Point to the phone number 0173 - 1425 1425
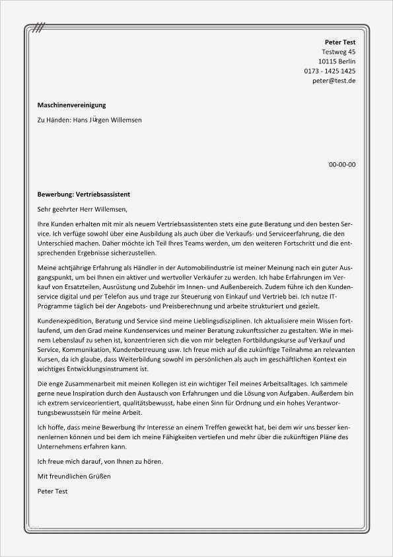point(330,71)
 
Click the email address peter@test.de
point(334,80)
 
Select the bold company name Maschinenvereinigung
point(71,105)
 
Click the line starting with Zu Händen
point(89,120)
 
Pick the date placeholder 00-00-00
point(342,164)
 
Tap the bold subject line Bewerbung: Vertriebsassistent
point(84,194)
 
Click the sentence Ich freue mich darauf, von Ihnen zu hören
point(100,461)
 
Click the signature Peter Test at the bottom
point(53,492)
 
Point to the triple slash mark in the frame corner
point(40,28)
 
